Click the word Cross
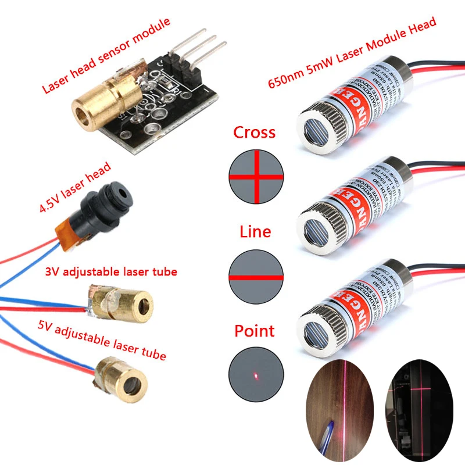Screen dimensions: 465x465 point(254,133)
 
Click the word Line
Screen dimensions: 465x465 point(255,232)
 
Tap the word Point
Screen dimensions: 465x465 point(254,331)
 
